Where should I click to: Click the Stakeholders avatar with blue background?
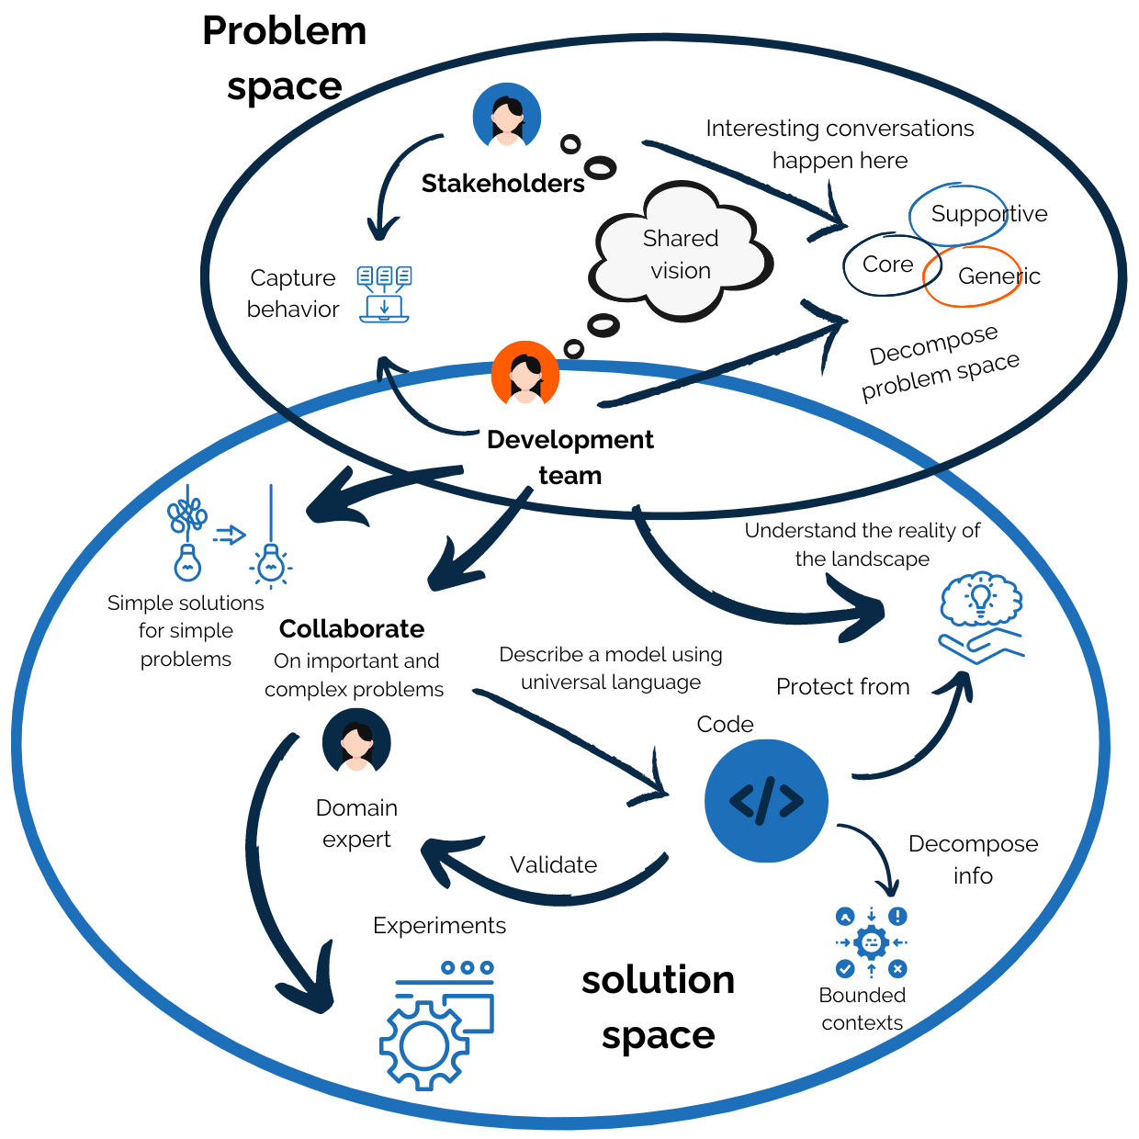tap(506, 117)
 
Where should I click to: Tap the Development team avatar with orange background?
tap(524, 374)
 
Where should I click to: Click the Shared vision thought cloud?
tap(680, 254)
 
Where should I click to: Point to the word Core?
tap(887, 265)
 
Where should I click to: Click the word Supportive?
tap(988, 214)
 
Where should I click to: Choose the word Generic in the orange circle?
tap(998, 276)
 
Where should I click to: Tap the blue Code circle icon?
tap(766, 801)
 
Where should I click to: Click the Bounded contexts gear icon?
tap(871, 942)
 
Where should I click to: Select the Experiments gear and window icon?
tap(436, 1024)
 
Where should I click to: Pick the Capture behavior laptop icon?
tap(384, 294)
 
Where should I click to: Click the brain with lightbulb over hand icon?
tap(981, 616)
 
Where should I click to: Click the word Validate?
tap(553, 865)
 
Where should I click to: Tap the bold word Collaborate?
tap(352, 629)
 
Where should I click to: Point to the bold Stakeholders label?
tap(502, 184)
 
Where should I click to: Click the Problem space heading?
tap(285, 58)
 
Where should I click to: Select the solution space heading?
tap(658, 1007)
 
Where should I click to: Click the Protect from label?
tap(842, 687)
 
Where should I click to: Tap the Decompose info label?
tap(973, 860)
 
